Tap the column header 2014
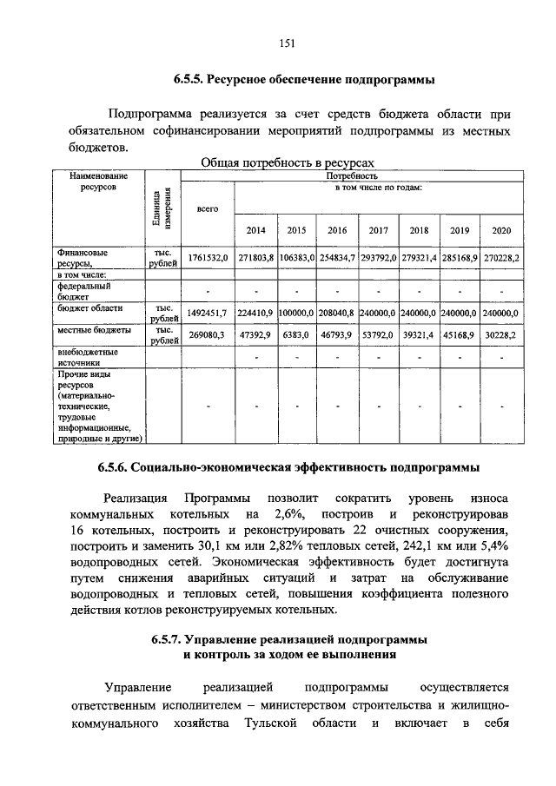coord(255,230)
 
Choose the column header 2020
coord(501,230)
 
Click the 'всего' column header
coord(207,208)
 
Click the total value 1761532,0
coord(207,259)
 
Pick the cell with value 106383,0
coord(296,259)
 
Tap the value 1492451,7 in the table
coord(207,312)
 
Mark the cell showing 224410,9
coord(255,312)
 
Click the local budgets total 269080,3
coord(207,334)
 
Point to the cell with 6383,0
coord(296,334)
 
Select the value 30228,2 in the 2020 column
coord(501,334)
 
